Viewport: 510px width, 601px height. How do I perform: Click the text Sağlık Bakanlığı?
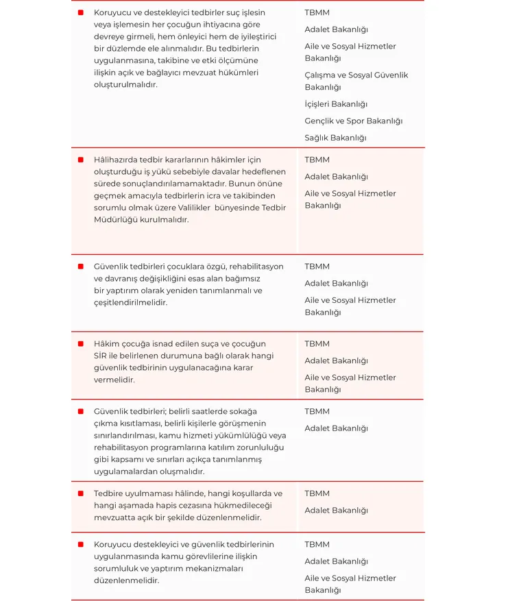pyautogui.click(x=335, y=138)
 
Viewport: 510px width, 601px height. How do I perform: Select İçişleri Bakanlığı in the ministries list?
pyautogui.click(x=336, y=104)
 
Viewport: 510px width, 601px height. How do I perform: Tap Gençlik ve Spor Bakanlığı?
pyautogui.click(x=353, y=121)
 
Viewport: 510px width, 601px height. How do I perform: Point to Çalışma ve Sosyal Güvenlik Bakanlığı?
pyautogui.click(x=356, y=81)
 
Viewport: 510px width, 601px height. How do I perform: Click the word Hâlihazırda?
pyautogui.click(x=115, y=160)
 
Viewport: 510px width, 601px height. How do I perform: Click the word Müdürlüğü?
pyautogui.click(x=114, y=219)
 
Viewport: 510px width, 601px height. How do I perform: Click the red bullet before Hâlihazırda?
pyautogui.click(x=80, y=160)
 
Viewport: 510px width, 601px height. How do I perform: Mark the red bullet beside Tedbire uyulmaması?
pyautogui.click(x=80, y=493)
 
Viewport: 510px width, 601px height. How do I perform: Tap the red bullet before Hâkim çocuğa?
pyautogui.click(x=80, y=344)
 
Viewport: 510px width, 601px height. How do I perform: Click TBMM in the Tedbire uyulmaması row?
pyautogui.click(x=317, y=493)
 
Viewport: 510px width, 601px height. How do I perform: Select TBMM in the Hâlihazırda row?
pyautogui.click(x=317, y=160)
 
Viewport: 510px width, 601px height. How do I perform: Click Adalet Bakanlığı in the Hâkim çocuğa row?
pyautogui.click(x=336, y=360)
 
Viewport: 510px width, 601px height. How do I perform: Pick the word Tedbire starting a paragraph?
pyautogui.click(x=109, y=493)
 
